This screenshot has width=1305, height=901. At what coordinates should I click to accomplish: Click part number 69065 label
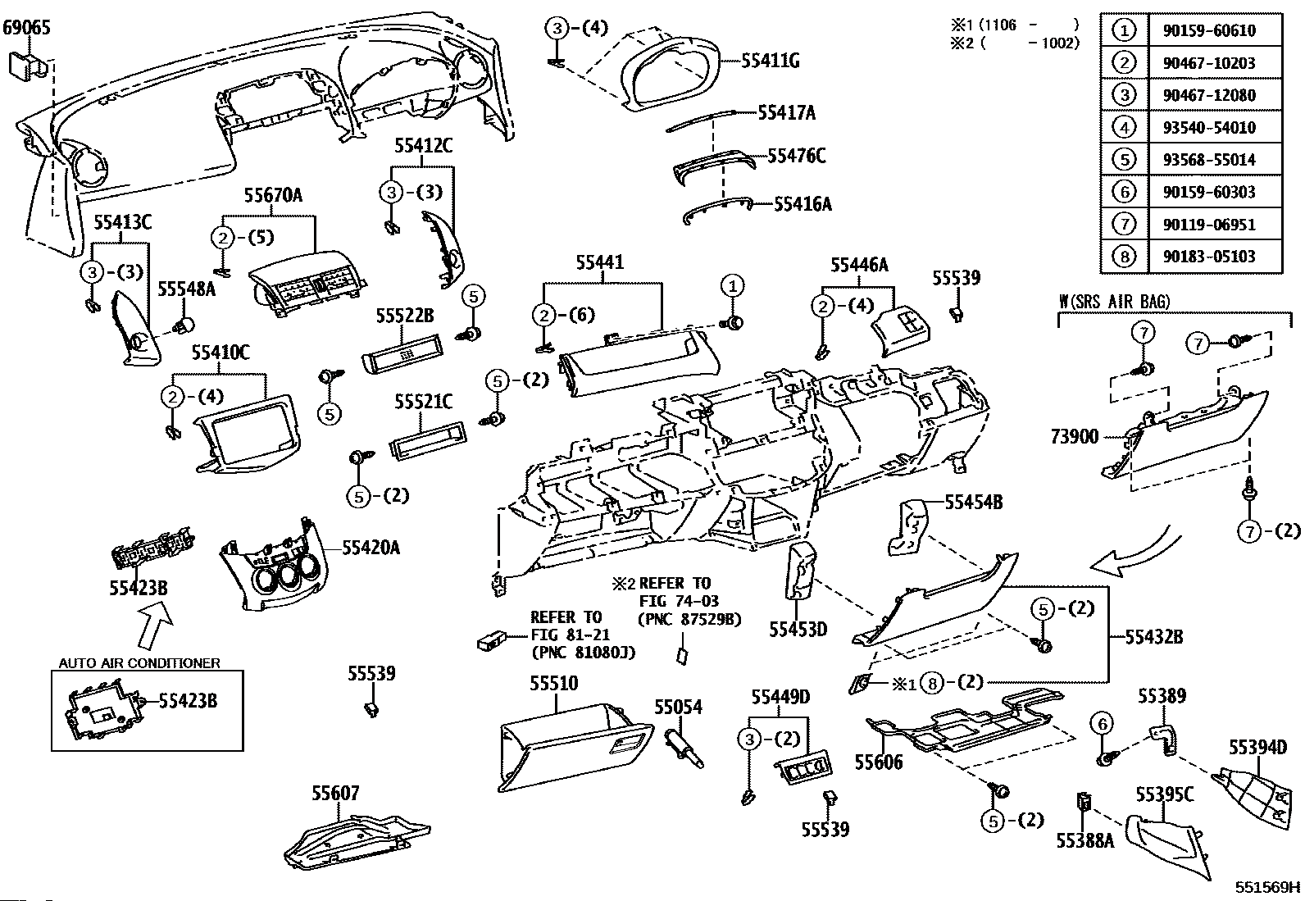26,28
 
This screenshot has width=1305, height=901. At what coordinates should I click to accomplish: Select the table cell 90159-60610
1208,30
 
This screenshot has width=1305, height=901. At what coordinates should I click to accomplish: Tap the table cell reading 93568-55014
1208,159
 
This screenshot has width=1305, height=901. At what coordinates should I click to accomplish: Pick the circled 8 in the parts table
1124,257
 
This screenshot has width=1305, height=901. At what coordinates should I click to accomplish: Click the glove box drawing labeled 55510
574,748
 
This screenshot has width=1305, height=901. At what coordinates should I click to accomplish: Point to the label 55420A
371,548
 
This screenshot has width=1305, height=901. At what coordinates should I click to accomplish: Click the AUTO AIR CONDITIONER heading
139,662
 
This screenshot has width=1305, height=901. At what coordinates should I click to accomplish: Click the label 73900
1074,437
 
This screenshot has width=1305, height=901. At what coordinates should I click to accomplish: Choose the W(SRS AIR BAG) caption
1115,302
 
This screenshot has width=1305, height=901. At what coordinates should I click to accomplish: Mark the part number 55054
678,707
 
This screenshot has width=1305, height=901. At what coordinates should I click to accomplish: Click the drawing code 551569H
1267,886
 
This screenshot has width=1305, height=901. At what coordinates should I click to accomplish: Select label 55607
335,793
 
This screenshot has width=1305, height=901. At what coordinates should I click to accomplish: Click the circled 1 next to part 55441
732,286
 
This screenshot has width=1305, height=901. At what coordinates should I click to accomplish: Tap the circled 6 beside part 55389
1103,723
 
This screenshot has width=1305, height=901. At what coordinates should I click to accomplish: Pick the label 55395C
1164,794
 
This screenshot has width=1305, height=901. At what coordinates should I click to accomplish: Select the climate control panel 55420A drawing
274,574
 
